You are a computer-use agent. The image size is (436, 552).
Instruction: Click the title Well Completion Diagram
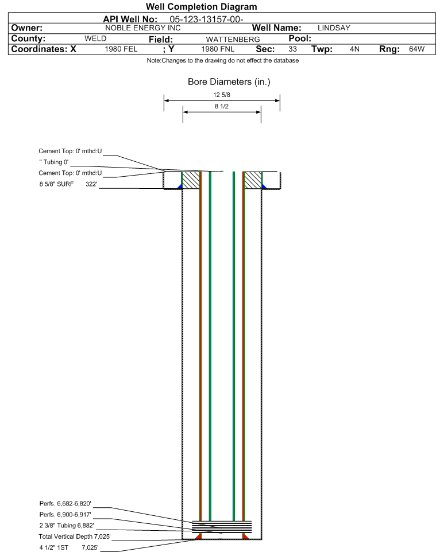[201, 7]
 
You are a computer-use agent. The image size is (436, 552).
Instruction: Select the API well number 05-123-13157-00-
[207, 20]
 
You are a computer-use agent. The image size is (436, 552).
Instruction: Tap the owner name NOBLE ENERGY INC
[143, 28]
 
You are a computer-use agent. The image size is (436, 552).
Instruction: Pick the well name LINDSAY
[334, 28]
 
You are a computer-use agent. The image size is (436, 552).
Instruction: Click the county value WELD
[95, 38]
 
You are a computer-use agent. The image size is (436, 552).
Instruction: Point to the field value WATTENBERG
[233, 40]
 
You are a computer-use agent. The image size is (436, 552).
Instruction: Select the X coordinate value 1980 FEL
[121, 49]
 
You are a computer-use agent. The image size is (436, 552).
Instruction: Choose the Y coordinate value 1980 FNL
[218, 49]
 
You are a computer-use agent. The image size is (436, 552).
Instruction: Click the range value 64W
[416, 49]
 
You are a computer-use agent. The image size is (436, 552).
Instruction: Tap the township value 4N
[354, 49]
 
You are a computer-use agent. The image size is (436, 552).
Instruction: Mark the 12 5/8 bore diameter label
[222, 95]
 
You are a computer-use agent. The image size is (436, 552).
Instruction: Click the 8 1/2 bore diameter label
[222, 106]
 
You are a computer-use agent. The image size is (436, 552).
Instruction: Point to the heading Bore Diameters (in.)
[229, 82]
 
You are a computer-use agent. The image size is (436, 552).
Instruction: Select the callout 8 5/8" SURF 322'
[68, 184]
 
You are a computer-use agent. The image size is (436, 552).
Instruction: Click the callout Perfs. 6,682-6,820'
[65, 504]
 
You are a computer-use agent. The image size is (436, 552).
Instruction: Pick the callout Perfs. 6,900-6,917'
[65, 515]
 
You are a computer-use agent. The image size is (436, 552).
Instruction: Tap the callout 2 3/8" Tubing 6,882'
[67, 526]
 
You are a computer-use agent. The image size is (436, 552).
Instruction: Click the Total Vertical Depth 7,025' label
[75, 537]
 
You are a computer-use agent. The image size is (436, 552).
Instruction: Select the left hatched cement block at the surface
[191, 180]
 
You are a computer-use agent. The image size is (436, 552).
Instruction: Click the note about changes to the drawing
[223, 61]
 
